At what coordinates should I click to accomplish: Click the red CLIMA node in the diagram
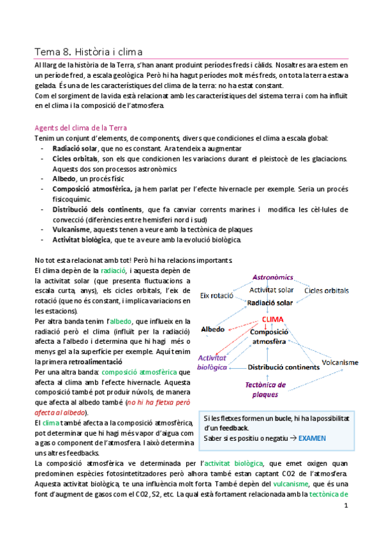click(x=272, y=319)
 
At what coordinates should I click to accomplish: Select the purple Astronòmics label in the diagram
click(x=272, y=278)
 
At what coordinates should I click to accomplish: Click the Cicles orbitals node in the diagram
click(x=327, y=291)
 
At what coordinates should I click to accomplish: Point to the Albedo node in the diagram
click(x=213, y=329)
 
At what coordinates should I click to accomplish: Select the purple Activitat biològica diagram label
click(x=212, y=362)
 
